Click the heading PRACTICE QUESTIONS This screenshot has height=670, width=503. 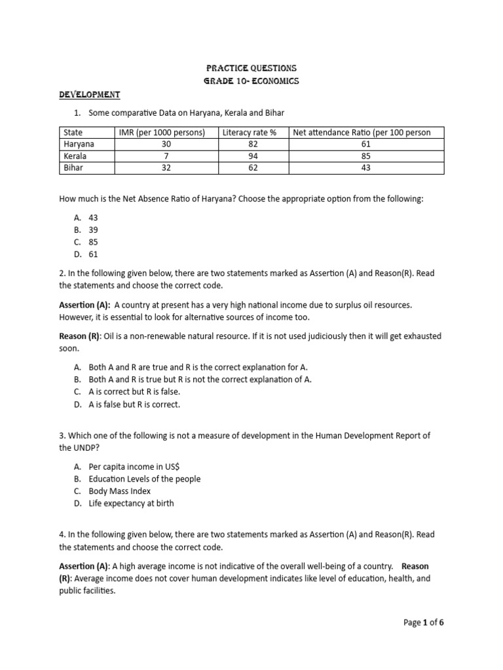coord(251,68)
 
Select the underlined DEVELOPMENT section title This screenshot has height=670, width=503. coord(89,95)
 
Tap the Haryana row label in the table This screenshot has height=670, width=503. coord(79,144)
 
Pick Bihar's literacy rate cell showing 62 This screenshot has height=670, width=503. coord(253,168)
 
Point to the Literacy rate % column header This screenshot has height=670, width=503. coord(250,132)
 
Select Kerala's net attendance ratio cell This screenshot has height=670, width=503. coord(365,156)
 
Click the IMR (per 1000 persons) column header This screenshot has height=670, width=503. coord(162,132)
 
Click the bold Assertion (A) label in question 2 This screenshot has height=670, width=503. coord(84,305)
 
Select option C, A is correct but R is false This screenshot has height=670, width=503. coord(134,392)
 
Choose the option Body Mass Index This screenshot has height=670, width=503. coord(119,491)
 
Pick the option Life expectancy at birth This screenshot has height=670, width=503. coord(131,503)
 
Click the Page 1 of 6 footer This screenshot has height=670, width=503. coord(423,622)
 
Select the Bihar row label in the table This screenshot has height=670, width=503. coord(74,168)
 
